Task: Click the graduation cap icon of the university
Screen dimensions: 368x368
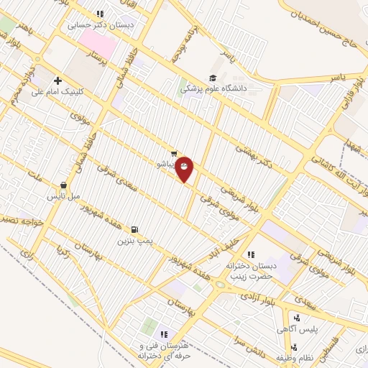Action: (213, 78)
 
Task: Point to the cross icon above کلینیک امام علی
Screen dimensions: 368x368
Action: (57, 81)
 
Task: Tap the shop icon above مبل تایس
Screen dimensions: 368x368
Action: (64, 185)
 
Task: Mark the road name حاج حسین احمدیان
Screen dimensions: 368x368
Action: (330, 30)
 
